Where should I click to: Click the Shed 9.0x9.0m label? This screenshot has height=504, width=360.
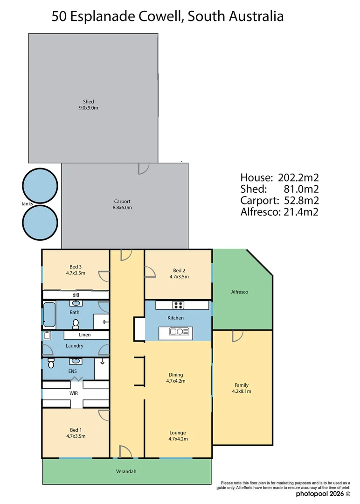(x=89, y=105)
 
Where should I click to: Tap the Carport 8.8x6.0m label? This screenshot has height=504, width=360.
(x=122, y=204)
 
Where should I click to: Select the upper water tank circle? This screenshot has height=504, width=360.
(x=41, y=185)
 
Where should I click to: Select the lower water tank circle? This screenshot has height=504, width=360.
(x=41, y=222)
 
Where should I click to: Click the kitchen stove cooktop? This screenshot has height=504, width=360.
(x=178, y=305)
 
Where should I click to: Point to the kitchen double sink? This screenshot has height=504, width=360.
(x=179, y=332)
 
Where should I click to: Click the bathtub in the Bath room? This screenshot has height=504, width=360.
(x=49, y=315)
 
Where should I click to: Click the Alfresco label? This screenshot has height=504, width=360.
(x=240, y=292)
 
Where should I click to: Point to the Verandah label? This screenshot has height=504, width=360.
(x=126, y=472)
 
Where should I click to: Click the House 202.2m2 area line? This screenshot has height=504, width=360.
(x=279, y=178)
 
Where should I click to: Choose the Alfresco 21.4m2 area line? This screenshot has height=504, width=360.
(x=279, y=212)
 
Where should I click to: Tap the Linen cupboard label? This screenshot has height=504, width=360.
(x=85, y=335)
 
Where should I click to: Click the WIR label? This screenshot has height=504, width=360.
(x=74, y=393)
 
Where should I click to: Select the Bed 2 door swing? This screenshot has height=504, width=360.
(x=150, y=272)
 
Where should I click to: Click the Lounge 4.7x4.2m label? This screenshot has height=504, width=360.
(x=178, y=435)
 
